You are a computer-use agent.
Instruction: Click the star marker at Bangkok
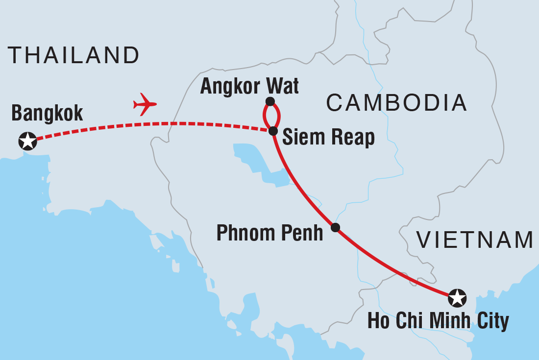(x=27, y=141)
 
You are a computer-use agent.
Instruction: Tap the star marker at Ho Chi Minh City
(x=457, y=297)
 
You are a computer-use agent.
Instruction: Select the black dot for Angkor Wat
(x=269, y=101)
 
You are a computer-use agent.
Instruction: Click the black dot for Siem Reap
(x=273, y=131)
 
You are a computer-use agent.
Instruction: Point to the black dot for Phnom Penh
(x=335, y=227)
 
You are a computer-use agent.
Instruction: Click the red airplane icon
(x=145, y=104)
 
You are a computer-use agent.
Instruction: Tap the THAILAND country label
(x=74, y=55)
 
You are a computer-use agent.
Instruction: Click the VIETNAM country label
(x=474, y=240)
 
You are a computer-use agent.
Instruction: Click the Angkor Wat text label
(x=249, y=87)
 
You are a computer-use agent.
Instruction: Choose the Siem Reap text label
(x=329, y=138)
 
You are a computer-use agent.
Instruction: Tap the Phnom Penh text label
(x=270, y=233)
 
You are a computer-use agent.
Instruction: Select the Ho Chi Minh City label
(x=438, y=321)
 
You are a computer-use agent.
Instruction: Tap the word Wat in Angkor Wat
(x=283, y=87)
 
